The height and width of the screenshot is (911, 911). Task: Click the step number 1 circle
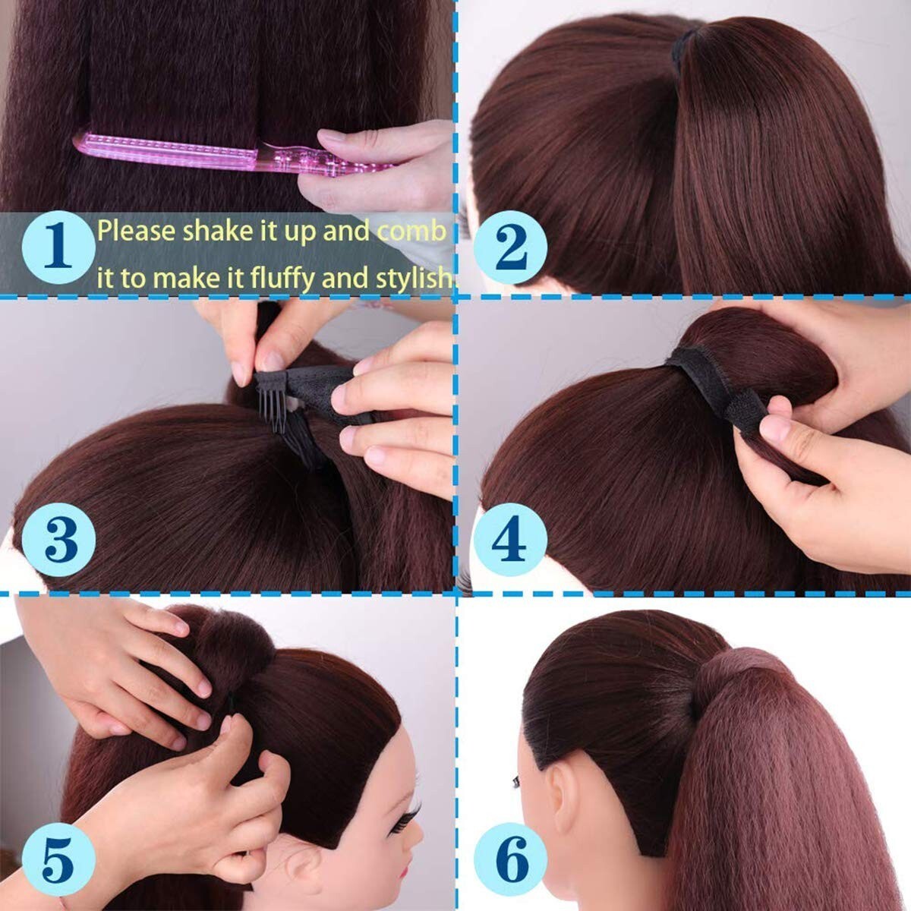58,247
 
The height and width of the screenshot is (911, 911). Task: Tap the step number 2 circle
510,247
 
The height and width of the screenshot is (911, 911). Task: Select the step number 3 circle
58,540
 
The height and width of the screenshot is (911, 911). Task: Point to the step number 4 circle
510,540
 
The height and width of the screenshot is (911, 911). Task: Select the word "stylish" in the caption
413,279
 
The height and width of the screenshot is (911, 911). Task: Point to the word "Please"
137,232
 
